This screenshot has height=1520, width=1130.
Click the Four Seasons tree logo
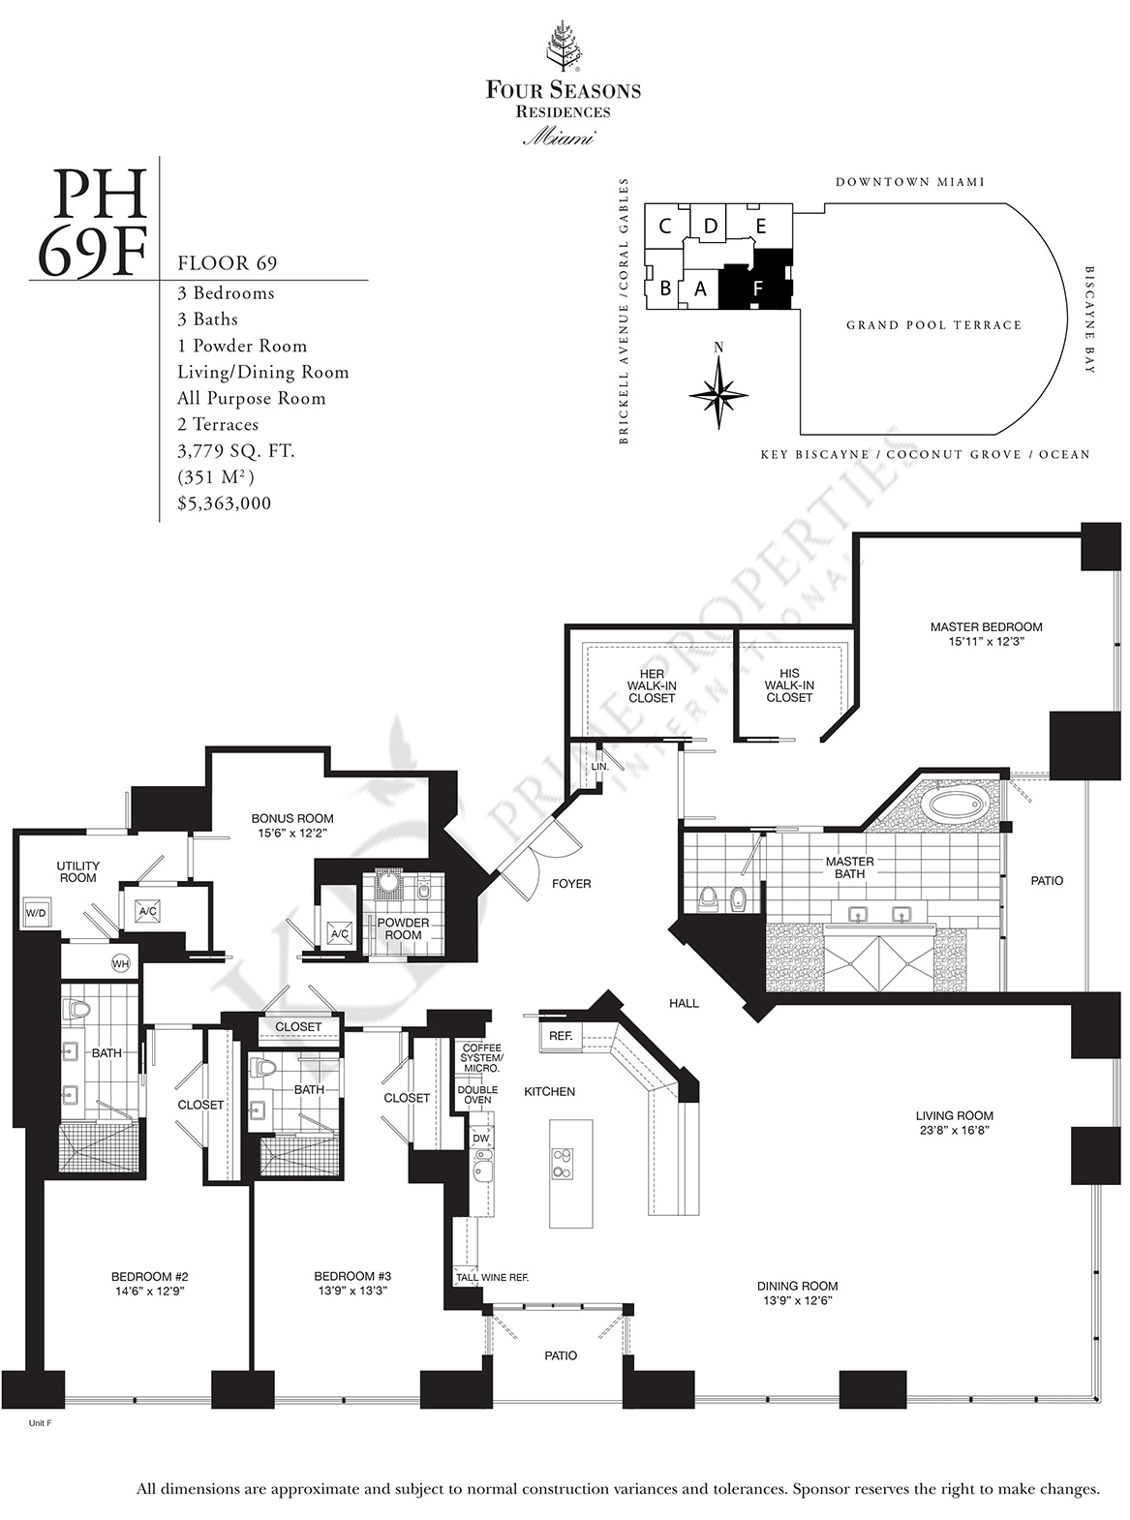563,46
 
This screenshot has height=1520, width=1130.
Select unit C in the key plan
663,226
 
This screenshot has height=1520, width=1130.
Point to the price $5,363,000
225,503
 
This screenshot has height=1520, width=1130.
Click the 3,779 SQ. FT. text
236,451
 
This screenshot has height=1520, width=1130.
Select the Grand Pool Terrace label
933,325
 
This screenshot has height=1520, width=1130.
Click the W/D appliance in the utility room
36,913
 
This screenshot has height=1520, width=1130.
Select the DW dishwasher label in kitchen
480,1139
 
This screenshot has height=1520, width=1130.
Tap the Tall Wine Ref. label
492,1277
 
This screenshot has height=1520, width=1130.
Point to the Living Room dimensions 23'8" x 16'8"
954,1130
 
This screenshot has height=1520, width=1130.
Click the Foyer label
571,884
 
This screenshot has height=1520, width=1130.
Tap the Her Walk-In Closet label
652,686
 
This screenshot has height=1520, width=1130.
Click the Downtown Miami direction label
910,182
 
